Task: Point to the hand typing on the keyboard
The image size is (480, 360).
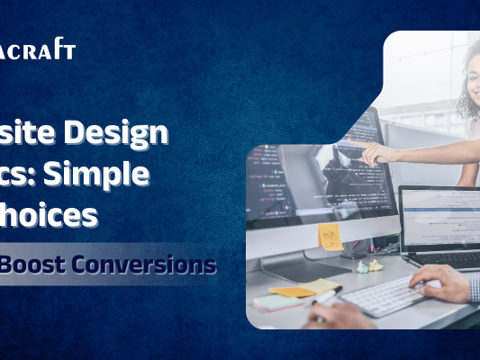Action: point(441,285)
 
